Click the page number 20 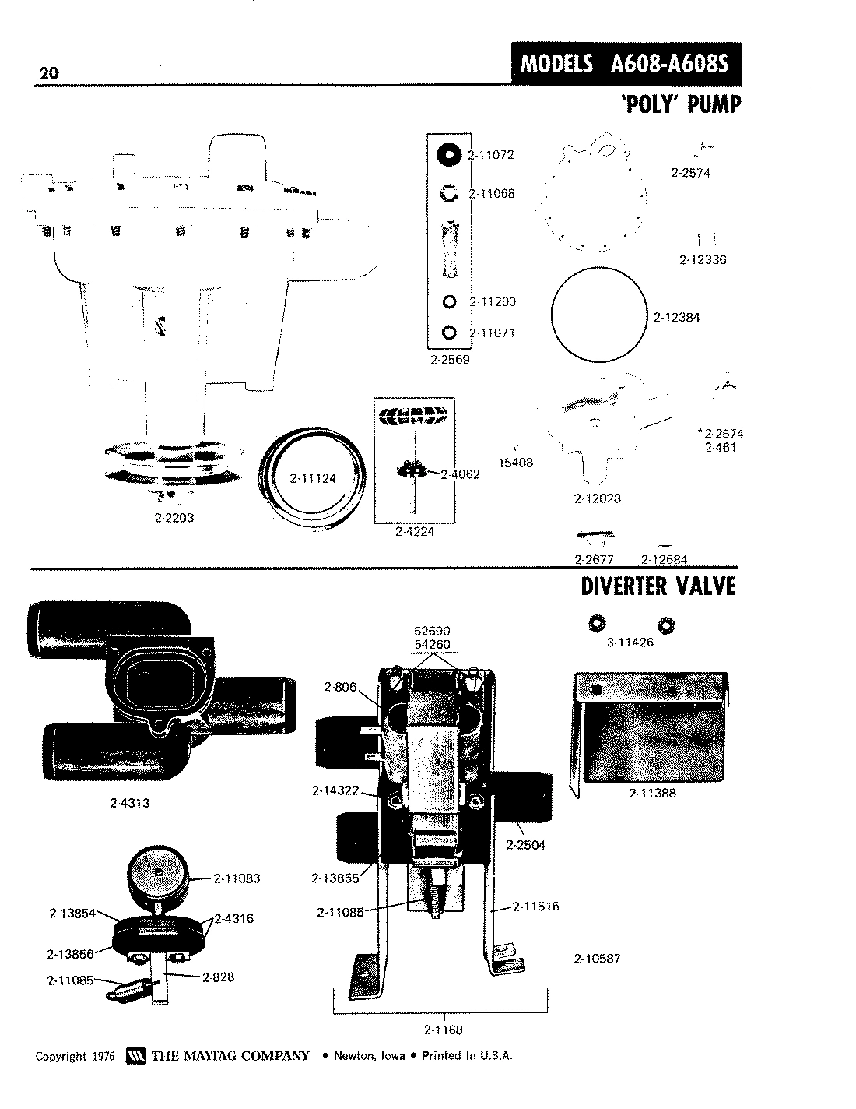click(47, 73)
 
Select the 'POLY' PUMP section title click(679, 104)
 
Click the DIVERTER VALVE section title click(658, 586)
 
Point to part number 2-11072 click(492, 155)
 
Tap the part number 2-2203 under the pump click(174, 518)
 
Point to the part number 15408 click(515, 463)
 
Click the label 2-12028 click(597, 498)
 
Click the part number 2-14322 click(335, 790)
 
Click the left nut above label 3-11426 click(596, 624)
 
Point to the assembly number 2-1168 click(444, 1030)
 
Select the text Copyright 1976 click(75, 1057)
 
